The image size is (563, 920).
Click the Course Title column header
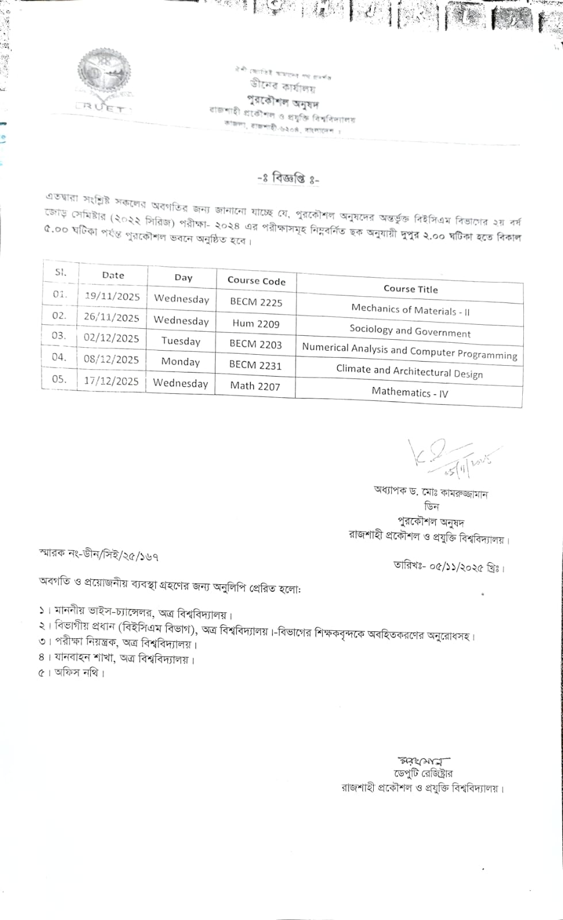coord(411,289)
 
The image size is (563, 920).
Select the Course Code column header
coord(256,281)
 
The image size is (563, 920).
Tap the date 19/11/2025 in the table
coord(112,296)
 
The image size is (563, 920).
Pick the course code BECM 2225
coord(256,302)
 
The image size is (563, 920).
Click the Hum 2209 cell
coord(256,323)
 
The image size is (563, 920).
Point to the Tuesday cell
coord(181,341)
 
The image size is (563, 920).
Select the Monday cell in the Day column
coord(181,362)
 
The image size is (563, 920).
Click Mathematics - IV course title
coord(409,392)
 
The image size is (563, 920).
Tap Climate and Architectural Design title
coord(409,371)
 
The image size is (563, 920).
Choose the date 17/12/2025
coord(112,381)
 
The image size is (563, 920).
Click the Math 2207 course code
coord(255,386)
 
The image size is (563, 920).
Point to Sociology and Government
coord(410,331)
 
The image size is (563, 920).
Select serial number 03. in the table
coord(59,336)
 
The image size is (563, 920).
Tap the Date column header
coord(113,275)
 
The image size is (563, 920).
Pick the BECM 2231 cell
coord(255,365)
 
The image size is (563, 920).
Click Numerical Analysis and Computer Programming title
coord(409,351)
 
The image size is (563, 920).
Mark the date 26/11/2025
coord(112,317)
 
